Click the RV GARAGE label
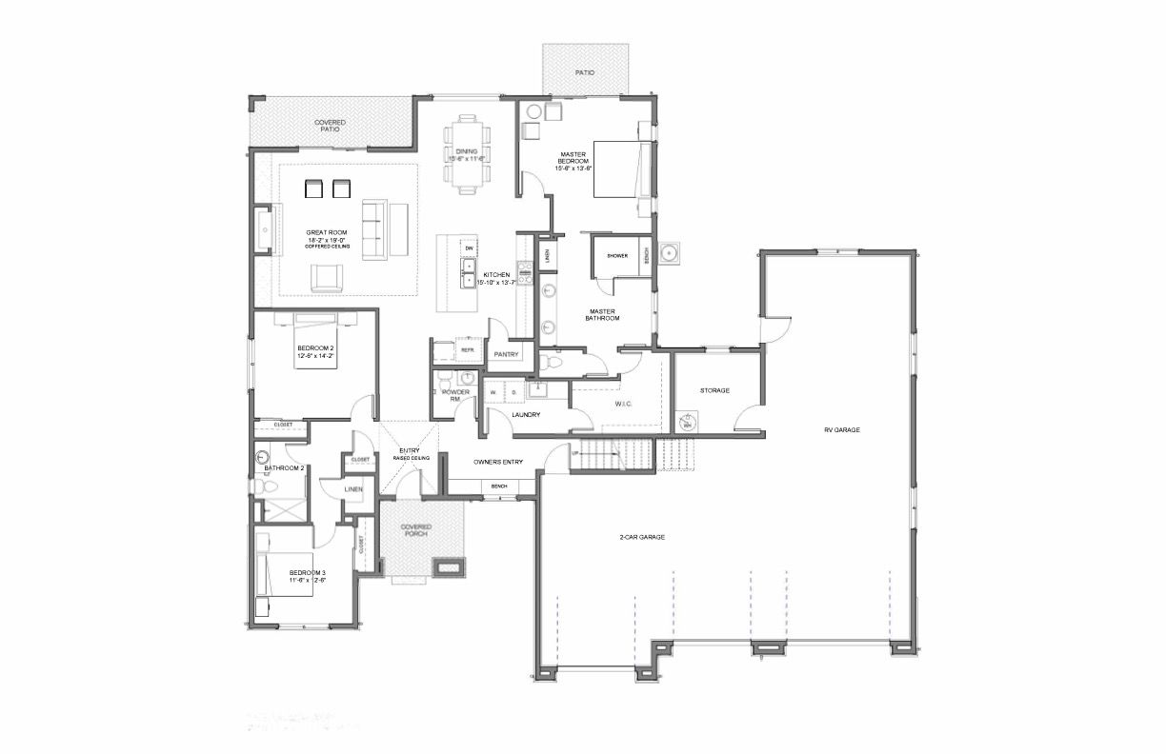tap(842, 430)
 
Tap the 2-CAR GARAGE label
tap(641, 538)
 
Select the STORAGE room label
tap(714, 390)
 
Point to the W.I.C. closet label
tap(622, 404)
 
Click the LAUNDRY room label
tap(526, 415)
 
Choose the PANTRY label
tap(505, 354)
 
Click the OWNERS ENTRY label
tap(498, 462)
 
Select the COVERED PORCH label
tap(415, 530)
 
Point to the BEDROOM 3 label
tap(309, 576)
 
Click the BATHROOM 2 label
tap(284, 468)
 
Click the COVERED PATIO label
tap(331, 126)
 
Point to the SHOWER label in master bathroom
tap(617, 256)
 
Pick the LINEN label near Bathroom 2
tap(353, 489)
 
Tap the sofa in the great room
tap(374, 229)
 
